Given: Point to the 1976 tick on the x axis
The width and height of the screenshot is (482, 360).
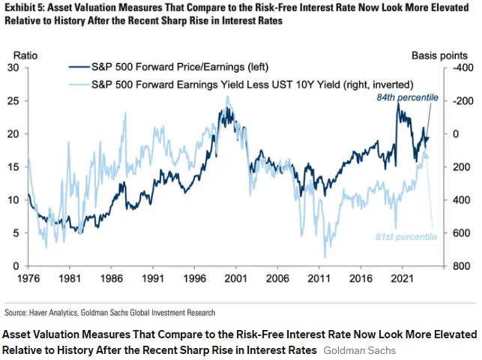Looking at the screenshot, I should click(x=28, y=277).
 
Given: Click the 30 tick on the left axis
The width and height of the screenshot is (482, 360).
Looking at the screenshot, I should click(x=13, y=67).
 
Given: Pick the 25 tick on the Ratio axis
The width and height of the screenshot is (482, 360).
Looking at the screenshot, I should click(x=13, y=100).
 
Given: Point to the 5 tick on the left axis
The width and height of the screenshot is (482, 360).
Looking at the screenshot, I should click(x=15, y=233).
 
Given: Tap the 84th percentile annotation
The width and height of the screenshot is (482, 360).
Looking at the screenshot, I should click(x=408, y=98).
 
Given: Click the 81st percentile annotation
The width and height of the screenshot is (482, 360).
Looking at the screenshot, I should click(x=406, y=237).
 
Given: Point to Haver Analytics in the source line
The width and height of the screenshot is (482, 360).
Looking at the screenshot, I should click(x=55, y=312).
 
